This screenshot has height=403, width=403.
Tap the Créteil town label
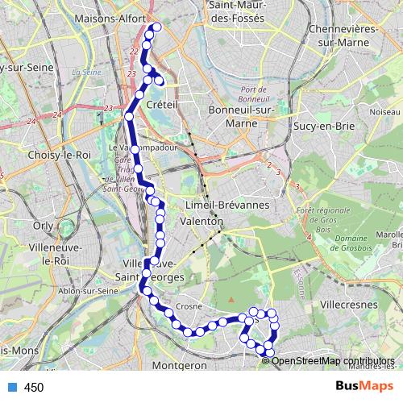[x=162, y=106]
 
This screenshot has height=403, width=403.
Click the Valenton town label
[x=202, y=220]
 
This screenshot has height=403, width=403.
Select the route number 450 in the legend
[x=33, y=388]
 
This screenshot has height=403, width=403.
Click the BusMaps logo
[x=359, y=387]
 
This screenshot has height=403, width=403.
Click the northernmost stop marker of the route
[x=156, y=27]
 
